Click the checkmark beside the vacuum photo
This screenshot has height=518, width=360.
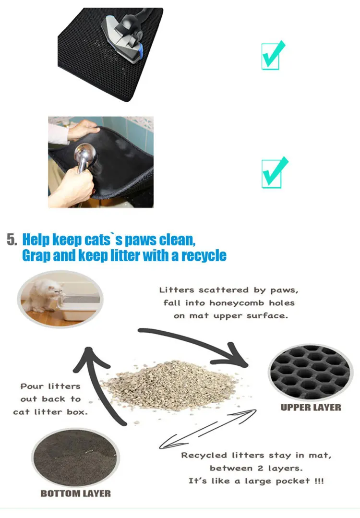coord(273,55)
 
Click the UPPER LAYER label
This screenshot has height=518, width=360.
coord(311,407)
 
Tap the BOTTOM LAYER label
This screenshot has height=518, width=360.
coord(75,494)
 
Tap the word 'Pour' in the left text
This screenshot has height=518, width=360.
coord(31,386)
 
